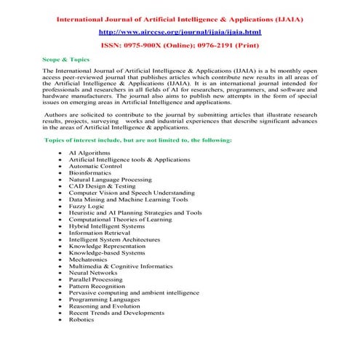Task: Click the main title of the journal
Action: point(180,18)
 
